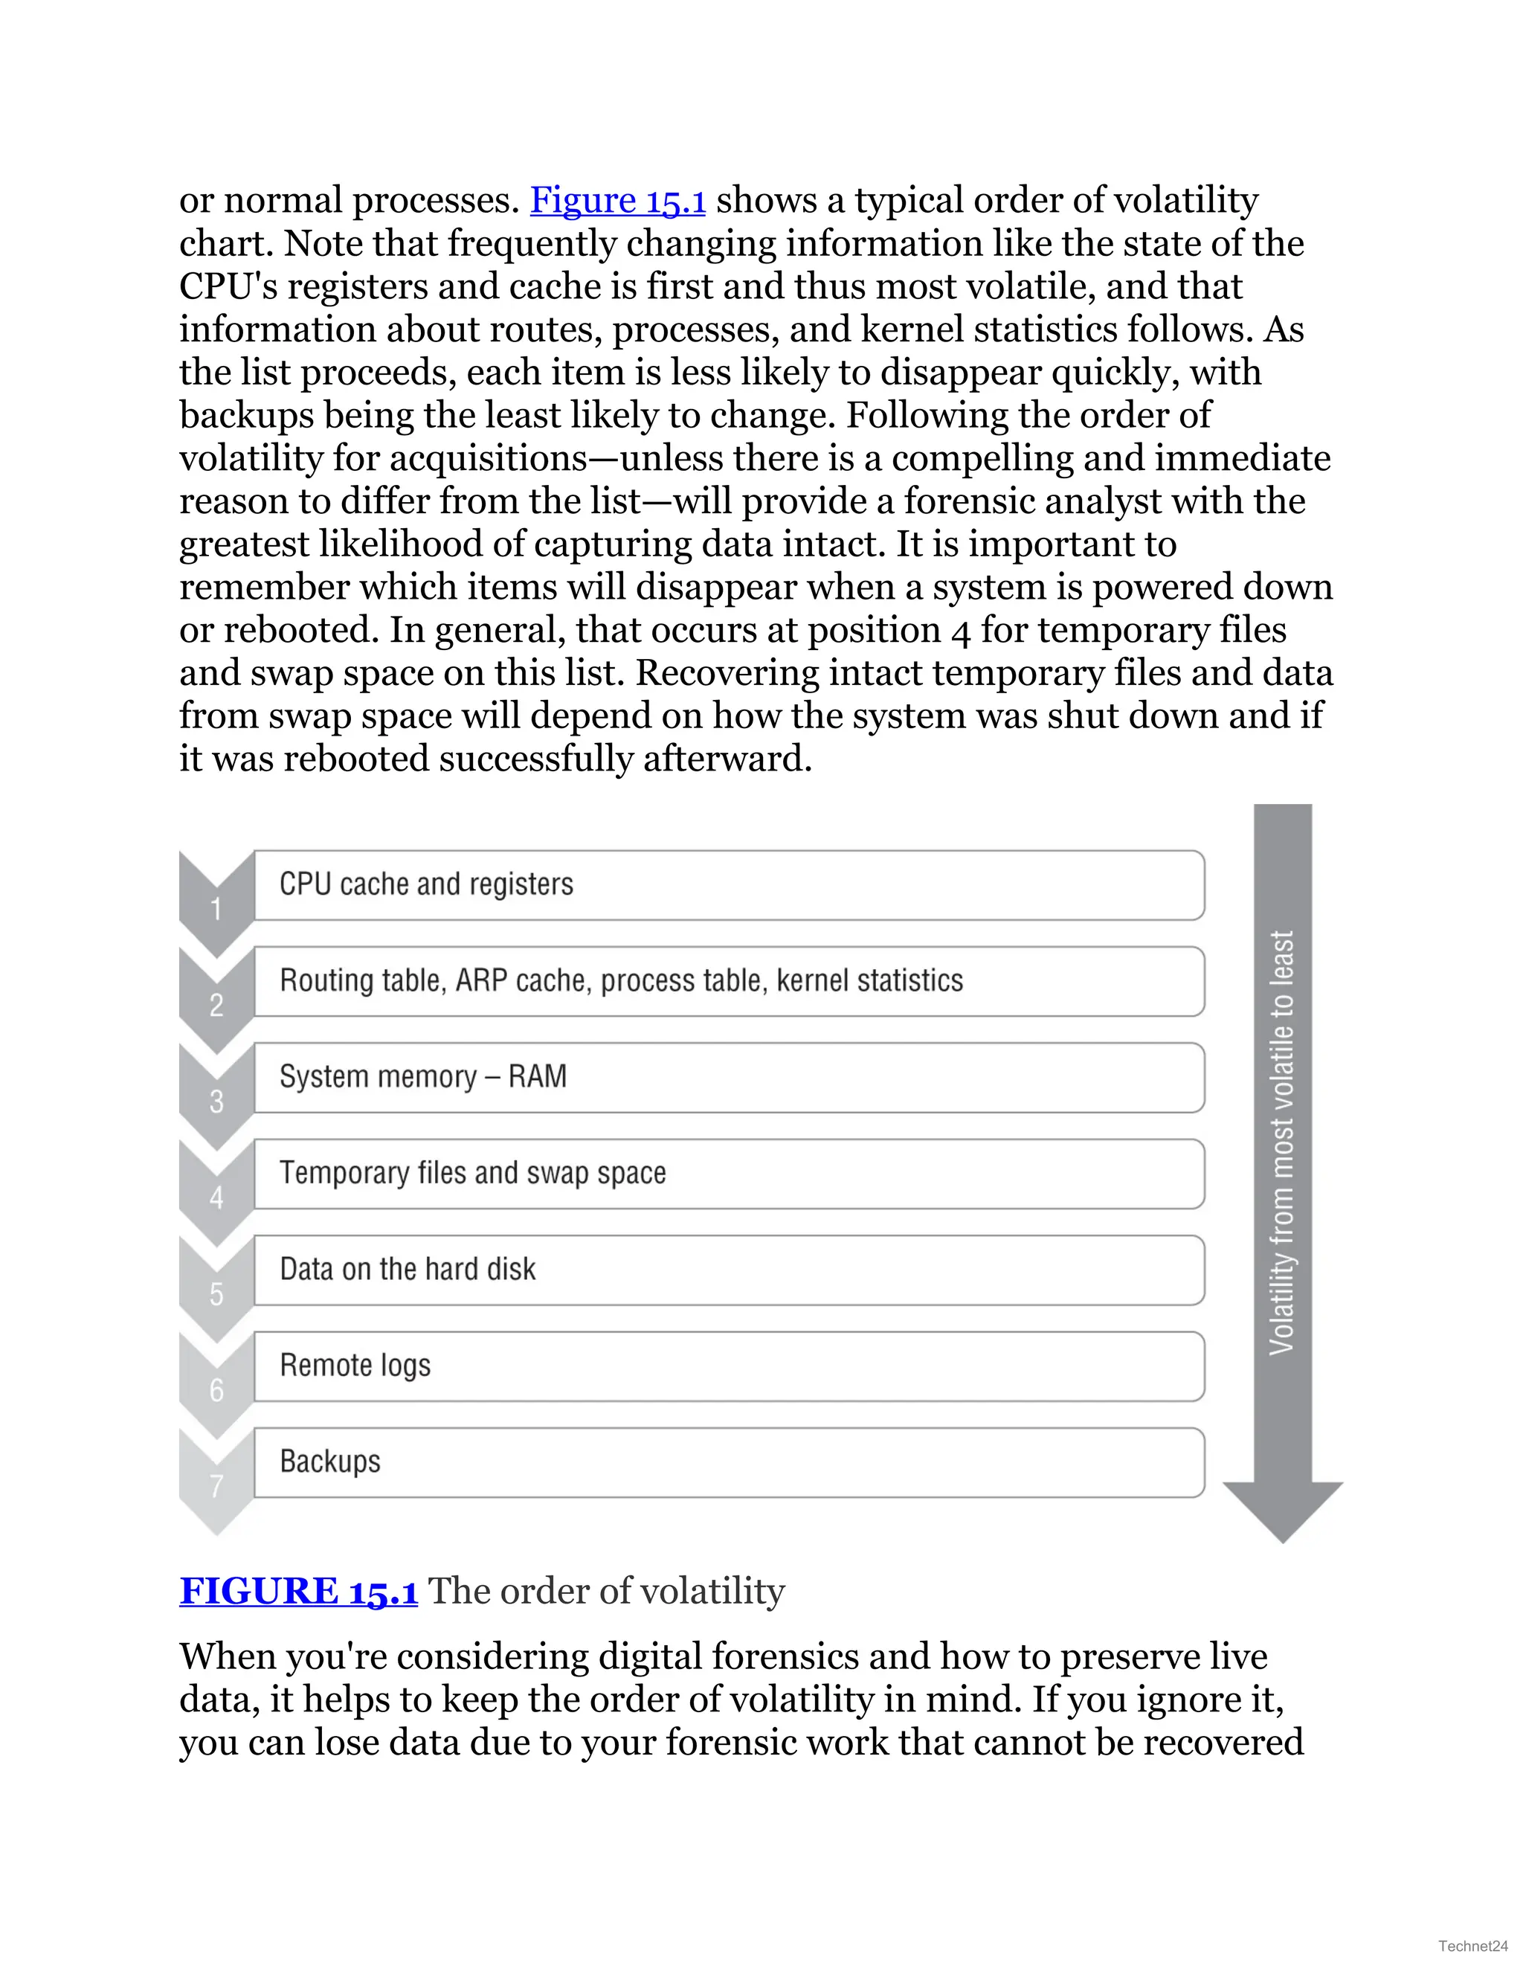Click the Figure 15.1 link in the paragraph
click(x=617, y=200)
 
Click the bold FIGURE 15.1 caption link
click(x=299, y=1591)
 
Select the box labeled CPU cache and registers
click(x=729, y=885)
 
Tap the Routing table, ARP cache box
click(x=729, y=982)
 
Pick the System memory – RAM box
click(x=729, y=1078)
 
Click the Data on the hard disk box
click(x=729, y=1270)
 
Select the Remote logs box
click(x=729, y=1366)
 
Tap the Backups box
click(x=729, y=1463)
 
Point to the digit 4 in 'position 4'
click(x=960, y=631)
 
